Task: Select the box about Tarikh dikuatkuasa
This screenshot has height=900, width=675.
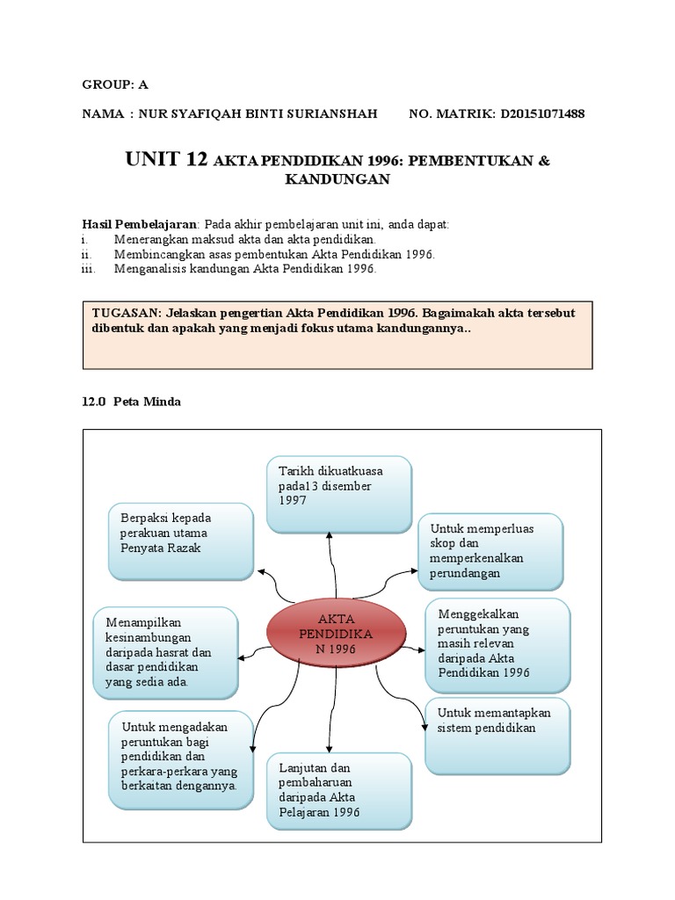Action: (x=338, y=494)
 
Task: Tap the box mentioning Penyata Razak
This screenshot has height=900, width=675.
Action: (x=181, y=541)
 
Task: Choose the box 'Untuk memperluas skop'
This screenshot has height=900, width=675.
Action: (x=490, y=551)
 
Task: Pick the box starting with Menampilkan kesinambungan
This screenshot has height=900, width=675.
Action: (x=166, y=652)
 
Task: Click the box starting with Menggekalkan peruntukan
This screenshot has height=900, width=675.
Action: (x=497, y=643)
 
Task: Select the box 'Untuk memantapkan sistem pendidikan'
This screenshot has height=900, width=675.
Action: (x=498, y=735)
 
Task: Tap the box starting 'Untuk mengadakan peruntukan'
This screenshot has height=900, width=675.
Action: (x=181, y=759)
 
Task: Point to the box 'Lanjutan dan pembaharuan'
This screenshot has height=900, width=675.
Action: (x=338, y=790)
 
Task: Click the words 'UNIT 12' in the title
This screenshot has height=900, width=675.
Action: (x=166, y=159)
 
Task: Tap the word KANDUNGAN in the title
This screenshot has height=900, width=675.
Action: (x=337, y=179)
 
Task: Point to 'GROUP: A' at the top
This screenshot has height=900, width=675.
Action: (x=115, y=84)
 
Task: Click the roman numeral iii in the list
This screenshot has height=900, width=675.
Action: (x=87, y=269)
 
